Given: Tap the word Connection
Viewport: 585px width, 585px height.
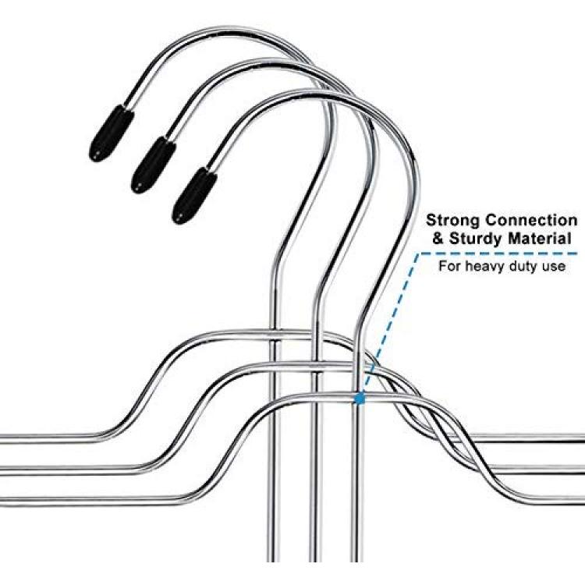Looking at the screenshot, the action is click(x=531, y=220).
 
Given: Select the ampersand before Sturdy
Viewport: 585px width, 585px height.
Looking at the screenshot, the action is click(x=438, y=239).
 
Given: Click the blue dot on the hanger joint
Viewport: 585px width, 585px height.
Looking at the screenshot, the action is click(x=360, y=399).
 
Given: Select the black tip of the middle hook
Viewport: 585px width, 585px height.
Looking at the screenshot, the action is click(x=153, y=165).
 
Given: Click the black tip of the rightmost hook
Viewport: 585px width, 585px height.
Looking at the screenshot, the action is click(x=194, y=196).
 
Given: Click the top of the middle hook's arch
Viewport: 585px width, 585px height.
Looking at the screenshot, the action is click(x=268, y=60).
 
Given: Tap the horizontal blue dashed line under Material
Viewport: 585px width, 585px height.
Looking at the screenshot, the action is click(x=499, y=253).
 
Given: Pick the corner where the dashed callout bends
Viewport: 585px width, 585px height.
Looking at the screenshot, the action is click(x=420, y=253).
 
